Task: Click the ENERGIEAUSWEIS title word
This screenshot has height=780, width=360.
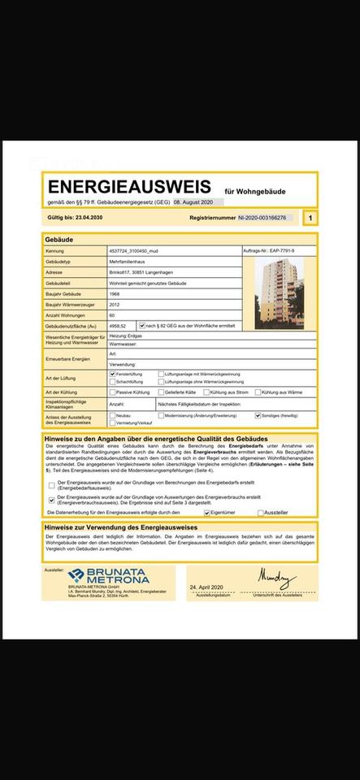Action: pos(129,188)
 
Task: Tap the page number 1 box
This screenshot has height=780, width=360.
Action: pos(310,219)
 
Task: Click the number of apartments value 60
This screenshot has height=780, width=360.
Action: pos(112,314)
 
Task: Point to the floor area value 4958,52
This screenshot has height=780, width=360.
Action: pos(118,325)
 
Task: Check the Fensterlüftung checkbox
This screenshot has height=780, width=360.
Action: pos(112,374)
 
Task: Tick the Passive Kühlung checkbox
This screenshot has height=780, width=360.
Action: pos(112,392)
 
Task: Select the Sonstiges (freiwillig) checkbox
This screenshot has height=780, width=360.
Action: pos(258,415)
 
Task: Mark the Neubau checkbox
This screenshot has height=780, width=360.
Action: pos(112,415)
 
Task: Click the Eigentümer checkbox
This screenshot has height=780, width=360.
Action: pos(207,513)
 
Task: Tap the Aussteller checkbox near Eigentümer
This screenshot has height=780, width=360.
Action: pos(261,513)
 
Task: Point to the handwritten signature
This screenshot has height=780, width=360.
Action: pos(277,577)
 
